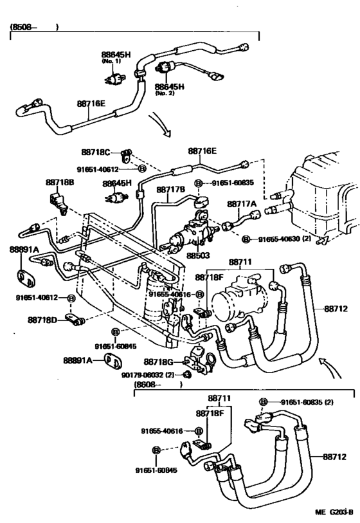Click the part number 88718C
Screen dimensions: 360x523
96,152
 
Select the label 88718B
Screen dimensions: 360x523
60,182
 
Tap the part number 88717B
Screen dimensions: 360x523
170,190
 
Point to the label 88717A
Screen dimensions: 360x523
242,204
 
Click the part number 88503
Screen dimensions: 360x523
198,255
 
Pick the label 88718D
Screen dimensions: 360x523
42,320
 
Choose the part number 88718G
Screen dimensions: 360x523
158,362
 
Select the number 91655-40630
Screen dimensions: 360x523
280,239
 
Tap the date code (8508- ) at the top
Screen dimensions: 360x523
34,27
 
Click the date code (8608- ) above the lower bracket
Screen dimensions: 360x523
158,385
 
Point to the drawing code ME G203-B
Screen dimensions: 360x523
334,511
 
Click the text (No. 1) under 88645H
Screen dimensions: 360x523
111,61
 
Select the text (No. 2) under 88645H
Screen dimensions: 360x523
165,93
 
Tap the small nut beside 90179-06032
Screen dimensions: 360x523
188,375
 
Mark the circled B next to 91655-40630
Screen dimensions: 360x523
246,239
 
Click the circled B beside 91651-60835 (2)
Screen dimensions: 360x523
263,402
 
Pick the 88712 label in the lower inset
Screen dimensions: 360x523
334,456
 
